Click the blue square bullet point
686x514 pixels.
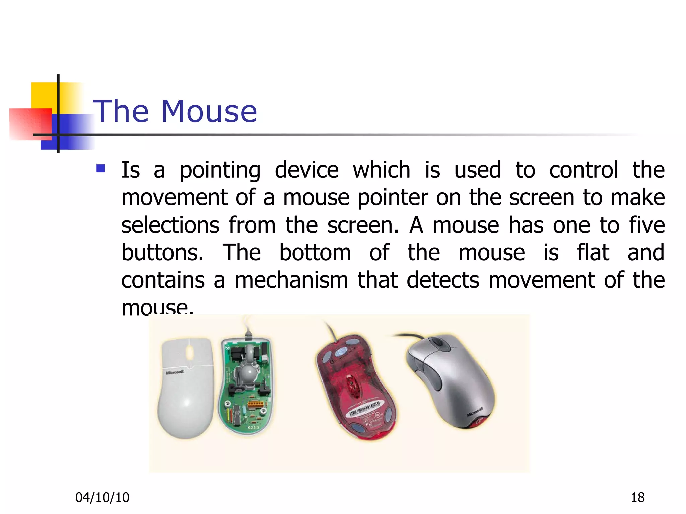(100, 168)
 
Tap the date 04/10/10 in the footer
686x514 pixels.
(102, 498)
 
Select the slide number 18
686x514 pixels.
(637, 498)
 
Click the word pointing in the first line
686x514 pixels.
(220, 170)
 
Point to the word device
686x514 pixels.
(306, 170)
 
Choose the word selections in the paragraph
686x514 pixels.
(170, 225)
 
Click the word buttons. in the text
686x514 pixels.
(162, 252)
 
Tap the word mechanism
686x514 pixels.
(291, 280)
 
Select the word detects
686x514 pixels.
(443, 280)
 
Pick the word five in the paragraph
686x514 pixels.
(647, 225)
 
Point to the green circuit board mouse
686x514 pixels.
(246, 388)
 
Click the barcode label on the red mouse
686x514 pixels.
(364, 409)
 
